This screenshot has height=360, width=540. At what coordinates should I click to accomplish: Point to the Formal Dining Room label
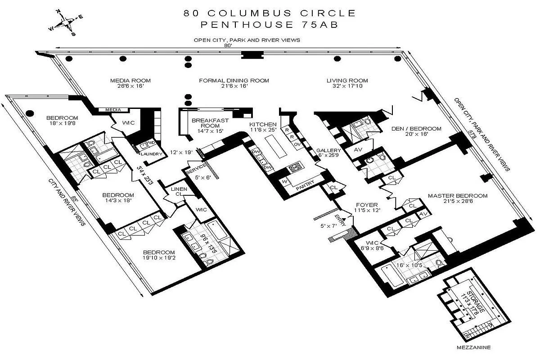(x=234, y=81)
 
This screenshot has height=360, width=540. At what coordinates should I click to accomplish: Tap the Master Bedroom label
(x=458, y=196)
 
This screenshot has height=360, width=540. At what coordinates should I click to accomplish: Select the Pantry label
(x=305, y=184)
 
